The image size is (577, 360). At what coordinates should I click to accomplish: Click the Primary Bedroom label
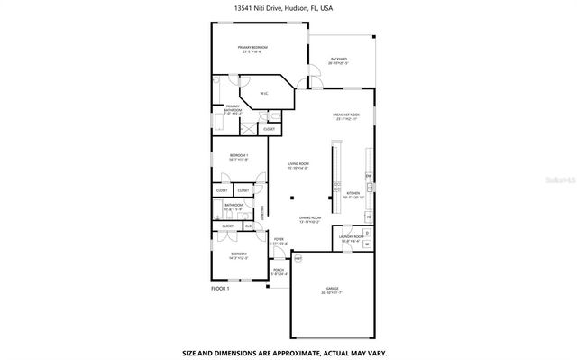(256, 48)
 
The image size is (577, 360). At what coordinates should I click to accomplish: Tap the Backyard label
(338, 60)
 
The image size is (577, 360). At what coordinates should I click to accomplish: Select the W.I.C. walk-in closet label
(264, 94)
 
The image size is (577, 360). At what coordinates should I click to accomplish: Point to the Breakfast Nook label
(347, 115)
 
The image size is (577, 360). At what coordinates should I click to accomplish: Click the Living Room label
(298, 165)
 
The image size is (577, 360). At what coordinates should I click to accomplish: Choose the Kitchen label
(353, 192)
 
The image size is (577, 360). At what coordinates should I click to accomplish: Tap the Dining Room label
(310, 217)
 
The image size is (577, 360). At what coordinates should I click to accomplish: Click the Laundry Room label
(351, 239)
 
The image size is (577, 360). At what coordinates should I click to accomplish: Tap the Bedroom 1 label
(238, 156)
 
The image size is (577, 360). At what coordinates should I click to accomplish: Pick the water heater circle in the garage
(298, 258)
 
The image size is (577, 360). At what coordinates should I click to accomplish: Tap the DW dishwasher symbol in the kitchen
(368, 175)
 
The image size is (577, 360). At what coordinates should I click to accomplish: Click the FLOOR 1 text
(221, 288)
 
